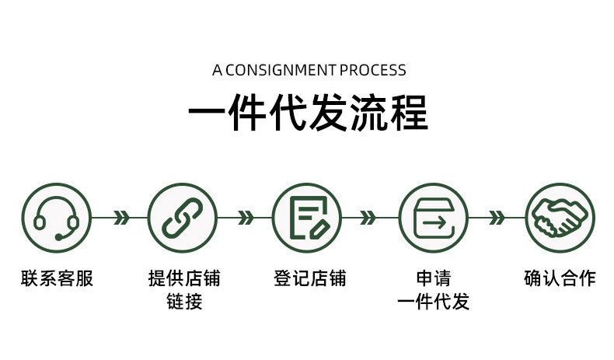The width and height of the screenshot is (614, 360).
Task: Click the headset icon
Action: tap(56, 218)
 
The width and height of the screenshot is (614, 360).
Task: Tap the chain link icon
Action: tap(183, 218)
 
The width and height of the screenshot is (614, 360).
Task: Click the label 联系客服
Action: tap(57, 278)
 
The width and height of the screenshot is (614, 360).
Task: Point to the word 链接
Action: tap(184, 302)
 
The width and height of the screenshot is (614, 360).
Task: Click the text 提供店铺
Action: tap(184, 278)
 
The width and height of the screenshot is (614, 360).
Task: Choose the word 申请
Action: tap(434, 278)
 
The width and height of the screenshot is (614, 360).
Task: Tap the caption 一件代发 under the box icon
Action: tap(434, 302)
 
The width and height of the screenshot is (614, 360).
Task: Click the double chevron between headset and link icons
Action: tap(120, 218)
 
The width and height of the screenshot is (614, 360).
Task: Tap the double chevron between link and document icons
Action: tap(246, 218)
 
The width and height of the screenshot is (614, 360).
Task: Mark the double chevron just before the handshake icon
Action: tap(496, 218)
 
